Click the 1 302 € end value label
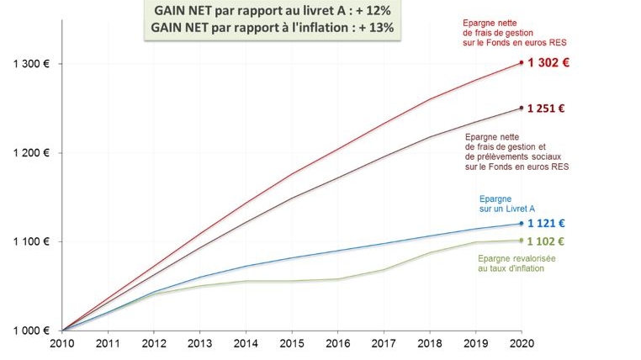click(548, 63)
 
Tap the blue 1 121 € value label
click(546, 224)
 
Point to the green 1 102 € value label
click(546, 241)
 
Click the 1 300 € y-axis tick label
click(31, 64)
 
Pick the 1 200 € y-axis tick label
click(31, 153)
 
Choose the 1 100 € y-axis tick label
click(31, 241)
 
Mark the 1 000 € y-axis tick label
click(31, 331)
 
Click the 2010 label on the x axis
click(62, 343)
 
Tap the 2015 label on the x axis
click(292, 343)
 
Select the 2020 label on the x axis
click(522, 343)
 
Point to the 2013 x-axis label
click(200, 343)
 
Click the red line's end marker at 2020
click(522, 62)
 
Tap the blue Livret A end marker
click(522, 224)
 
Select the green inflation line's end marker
click(522, 241)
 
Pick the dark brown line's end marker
click(522, 108)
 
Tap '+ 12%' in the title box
click(370, 10)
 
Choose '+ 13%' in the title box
click(375, 27)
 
